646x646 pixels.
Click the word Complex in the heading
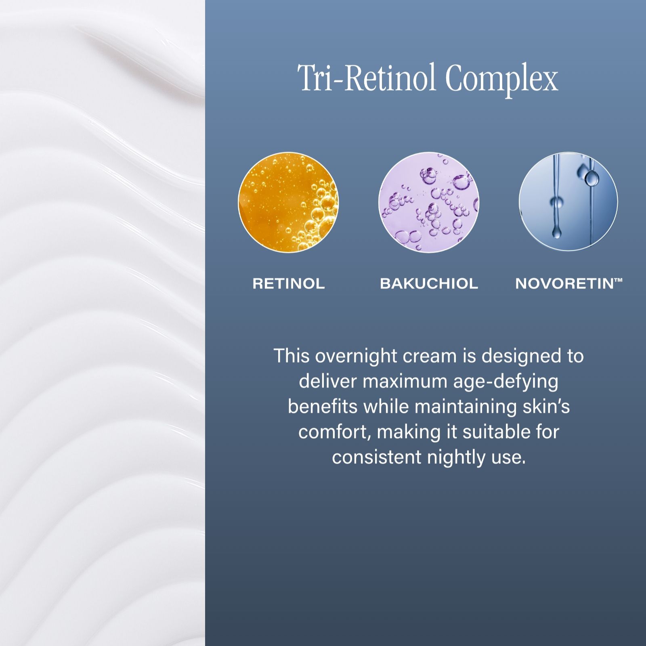(x=501, y=78)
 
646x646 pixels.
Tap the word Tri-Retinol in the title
(x=367, y=77)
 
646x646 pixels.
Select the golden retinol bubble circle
(x=288, y=202)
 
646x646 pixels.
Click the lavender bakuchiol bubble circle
(x=429, y=202)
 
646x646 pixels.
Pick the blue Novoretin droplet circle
(x=568, y=201)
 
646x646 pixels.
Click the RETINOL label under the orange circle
(x=289, y=283)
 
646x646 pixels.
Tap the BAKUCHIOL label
(x=429, y=283)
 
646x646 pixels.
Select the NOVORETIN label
(x=564, y=283)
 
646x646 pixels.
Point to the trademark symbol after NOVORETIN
(x=618, y=280)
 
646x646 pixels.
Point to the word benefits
(x=323, y=407)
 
